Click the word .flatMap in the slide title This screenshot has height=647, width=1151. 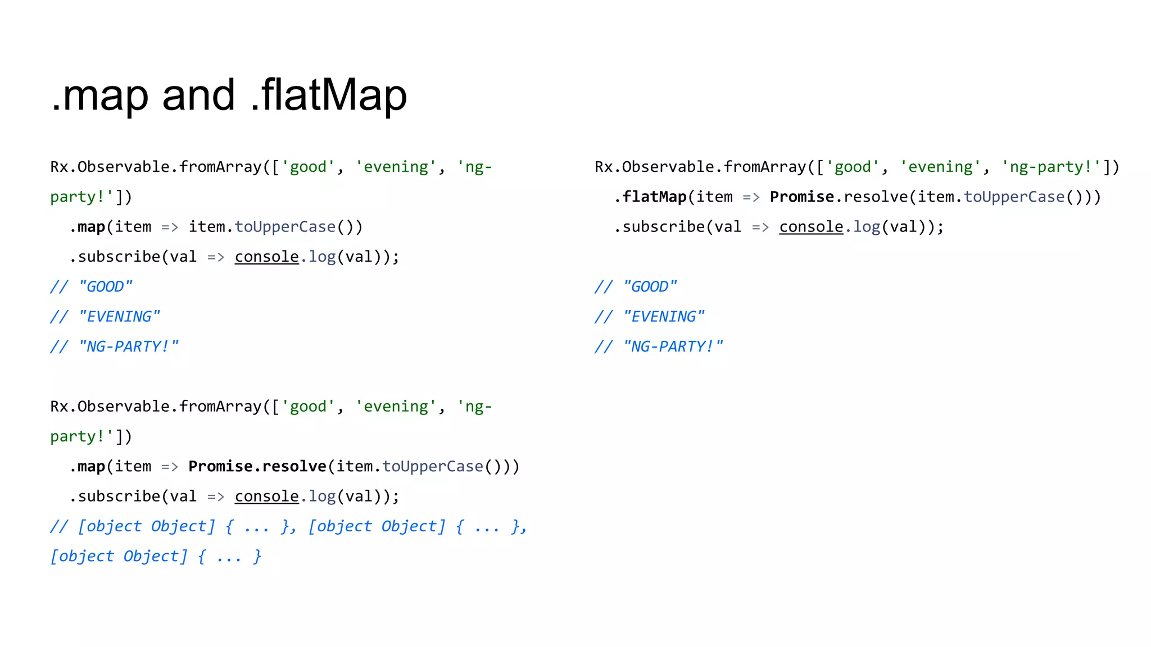329,95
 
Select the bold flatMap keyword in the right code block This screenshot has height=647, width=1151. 655,197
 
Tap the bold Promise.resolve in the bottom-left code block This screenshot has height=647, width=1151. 257,466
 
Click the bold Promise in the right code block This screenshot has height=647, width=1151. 802,197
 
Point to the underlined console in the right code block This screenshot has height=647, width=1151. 811,227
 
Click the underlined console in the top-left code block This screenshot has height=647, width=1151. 266,257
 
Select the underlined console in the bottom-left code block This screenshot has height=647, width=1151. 266,496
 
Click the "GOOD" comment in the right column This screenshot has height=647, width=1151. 650,287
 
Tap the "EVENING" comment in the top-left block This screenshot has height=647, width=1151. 119,317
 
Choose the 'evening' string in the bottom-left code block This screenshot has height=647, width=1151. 396,407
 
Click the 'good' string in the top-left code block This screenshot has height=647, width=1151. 308,167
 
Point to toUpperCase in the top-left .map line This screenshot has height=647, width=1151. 285,227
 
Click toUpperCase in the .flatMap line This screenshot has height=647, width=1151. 1014,197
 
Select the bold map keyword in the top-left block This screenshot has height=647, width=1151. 92,227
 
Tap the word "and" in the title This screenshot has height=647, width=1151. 198,95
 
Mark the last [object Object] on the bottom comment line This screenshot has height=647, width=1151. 119,557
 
